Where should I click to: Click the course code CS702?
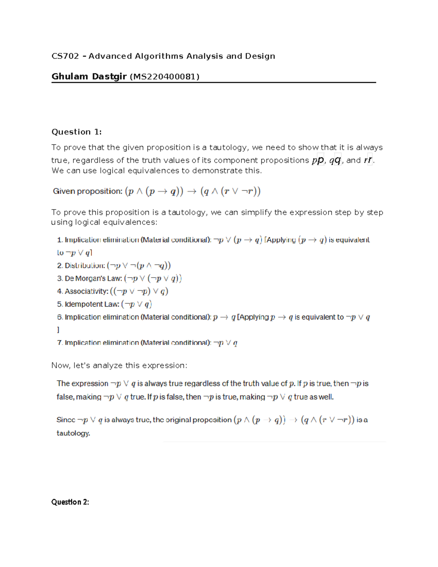(65, 56)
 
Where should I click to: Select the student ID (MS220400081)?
(165, 77)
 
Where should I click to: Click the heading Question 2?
(70, 502)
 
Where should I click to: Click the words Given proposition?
(88, 191)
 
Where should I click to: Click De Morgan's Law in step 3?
(93, 279)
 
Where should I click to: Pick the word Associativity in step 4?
(87, 291)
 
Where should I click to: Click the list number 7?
(59, 343)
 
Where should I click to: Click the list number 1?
(59, 240)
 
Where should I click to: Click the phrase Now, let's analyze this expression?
(119, 365)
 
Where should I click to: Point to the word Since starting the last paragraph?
(66, 420)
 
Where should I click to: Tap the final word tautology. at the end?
(73, 433)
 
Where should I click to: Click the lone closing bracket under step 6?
(58, 330)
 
